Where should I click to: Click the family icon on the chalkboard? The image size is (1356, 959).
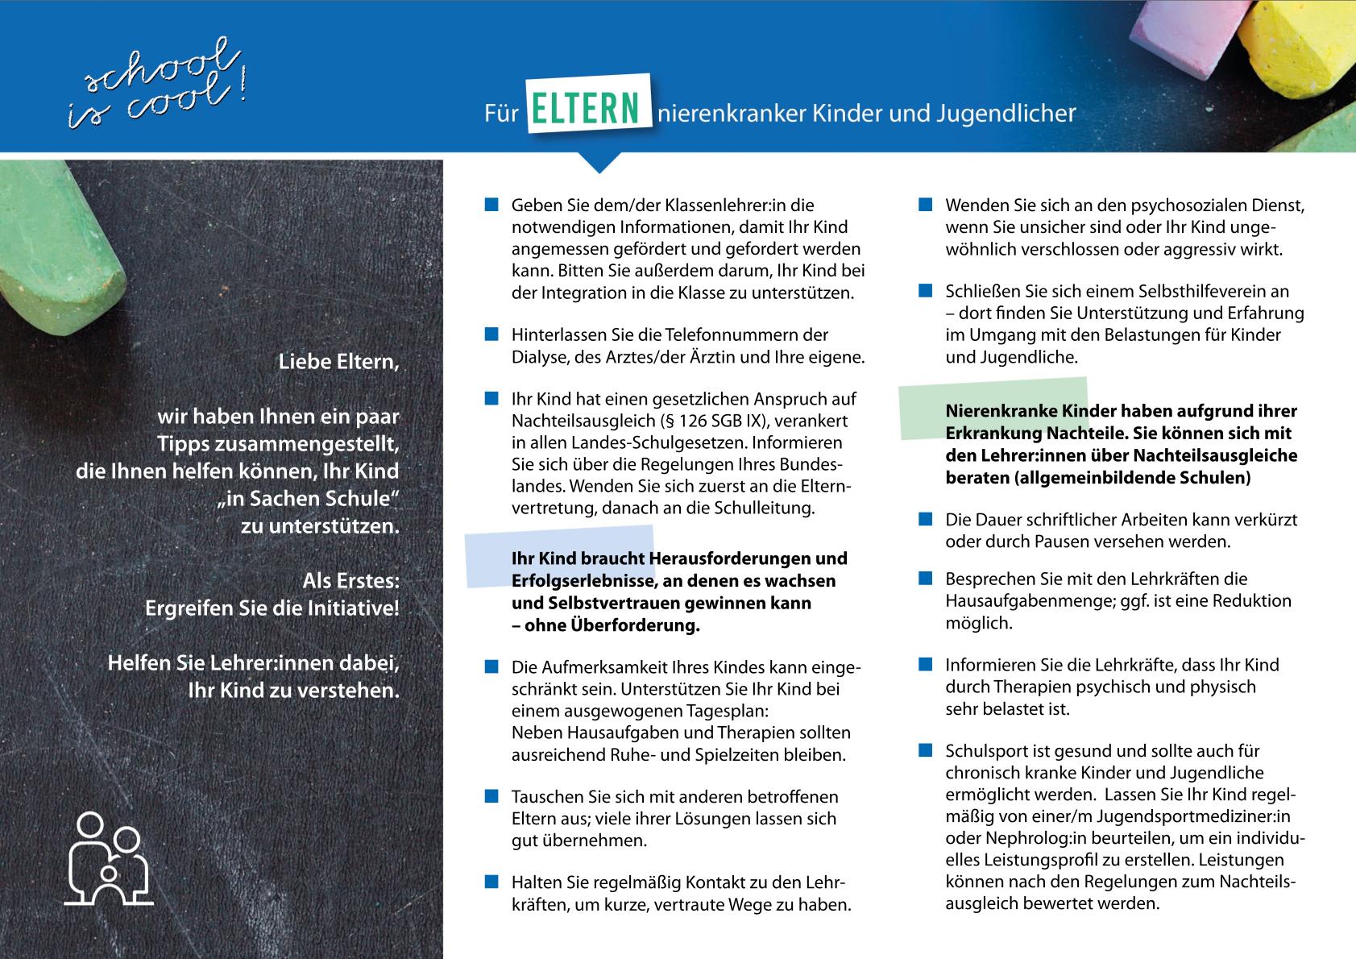pyautogui.click(x=109, y=860)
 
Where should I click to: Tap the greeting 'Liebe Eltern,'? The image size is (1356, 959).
pyautogui.click(x=338, y=362)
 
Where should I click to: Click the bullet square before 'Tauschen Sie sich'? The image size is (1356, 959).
pyautogui.click(x=491, y=797)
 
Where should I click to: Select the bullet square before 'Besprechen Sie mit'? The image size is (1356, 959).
pyautogui.click(x=926, y=579)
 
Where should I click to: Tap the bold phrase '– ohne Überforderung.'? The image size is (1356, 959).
pyautogui.click(x=605, y=625)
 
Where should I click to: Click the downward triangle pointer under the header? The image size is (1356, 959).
pyautogui.click(x=599, y=163)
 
